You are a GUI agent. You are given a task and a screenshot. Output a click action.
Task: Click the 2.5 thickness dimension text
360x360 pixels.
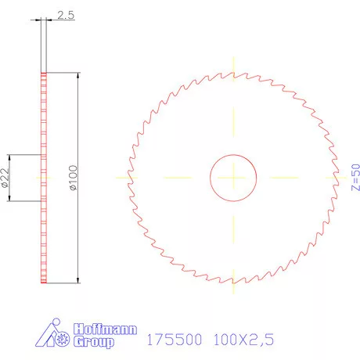click(65, 14)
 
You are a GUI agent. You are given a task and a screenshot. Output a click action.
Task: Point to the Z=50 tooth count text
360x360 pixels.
click(355, 177)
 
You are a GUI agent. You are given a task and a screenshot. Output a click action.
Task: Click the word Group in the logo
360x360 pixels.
click(93, 342)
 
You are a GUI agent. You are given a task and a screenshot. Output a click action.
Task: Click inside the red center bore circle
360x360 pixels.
click(233, 178)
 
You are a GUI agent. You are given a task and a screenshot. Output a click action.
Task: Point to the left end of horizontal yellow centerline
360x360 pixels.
click(116, 178)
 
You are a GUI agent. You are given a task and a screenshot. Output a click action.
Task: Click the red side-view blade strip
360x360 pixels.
click(44, 178)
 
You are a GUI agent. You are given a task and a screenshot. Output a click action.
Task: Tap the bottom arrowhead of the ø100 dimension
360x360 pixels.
click(78, 279)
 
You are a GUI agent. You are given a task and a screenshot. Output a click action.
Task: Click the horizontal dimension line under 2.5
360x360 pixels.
click(59, 22)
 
